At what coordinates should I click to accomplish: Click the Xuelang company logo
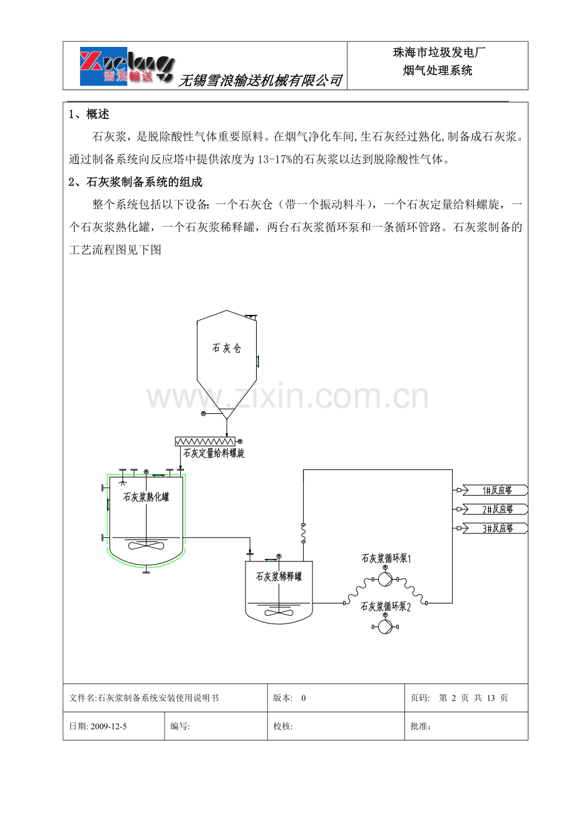pyautogui.click(x=127, y=66)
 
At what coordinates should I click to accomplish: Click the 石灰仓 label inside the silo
pyautogui.click(x=226, y=348)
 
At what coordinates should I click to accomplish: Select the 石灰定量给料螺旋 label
pyautogui.click(x=213, y=453)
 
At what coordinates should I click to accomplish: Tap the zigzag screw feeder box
pyautogui.click(x=205, y=441)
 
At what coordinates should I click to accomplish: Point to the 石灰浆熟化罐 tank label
pyautogui.click(x=146, y=496)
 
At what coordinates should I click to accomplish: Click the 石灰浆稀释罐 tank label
pyautogui.click(x=279, y=577)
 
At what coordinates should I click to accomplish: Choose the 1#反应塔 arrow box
pyautogui.click(x=495, y=490)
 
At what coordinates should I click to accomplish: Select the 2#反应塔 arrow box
pyautogui.click(x=495, y=509)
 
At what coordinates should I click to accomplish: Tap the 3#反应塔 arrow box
pyautogui.click(x=495, y=528)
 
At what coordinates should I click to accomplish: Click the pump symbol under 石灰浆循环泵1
pyautogui.click(x=385, y=579)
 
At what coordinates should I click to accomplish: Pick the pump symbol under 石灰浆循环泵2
pyautogui.click(x=385, y=627)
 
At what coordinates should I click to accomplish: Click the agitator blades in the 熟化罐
pyautogui.click(x=146, y=546)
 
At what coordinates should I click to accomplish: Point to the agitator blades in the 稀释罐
pyautogui.click(x=279, y=613)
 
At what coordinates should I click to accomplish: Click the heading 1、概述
pyautogui.click(x=89, y=115)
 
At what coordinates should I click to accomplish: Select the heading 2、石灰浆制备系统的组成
pyautogui.click(x=135, y=182)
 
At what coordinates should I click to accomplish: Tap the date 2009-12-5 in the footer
pyautogui.click(x=108, y=726)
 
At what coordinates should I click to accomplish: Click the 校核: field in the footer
pyautogui.click(x=283, y=726)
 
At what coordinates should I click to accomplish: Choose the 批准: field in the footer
pyautogui.click(x=420, y=726)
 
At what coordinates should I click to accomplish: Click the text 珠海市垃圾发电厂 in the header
pyautogui.click(x=439, y=53)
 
